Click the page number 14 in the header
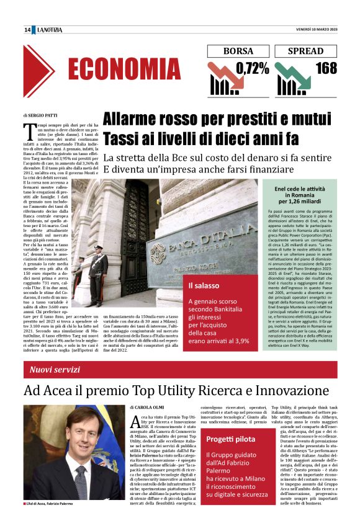tap(27, 30)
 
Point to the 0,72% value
tap(252, 68)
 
